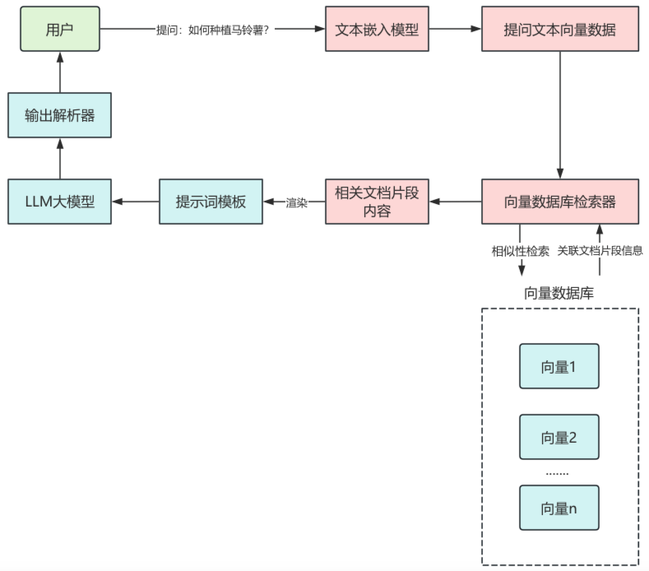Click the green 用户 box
tap(59, 29)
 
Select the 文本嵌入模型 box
tap(377, 29)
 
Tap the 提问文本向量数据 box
tap(559, 29)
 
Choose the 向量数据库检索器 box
tap(559, 202)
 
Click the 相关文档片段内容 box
tap(377, 202)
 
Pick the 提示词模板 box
tap(211, 202)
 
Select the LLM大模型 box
tap(59, 202)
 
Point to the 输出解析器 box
tap(59, 115)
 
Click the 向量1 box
tap(559, 366)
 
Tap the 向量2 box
tap(559, 437)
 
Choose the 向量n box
tap(559, 508)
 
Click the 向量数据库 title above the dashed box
tap(559, 293)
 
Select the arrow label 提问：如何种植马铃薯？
tap(211, 30)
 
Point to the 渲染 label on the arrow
tap(296, 202)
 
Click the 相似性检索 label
tap(521, 251)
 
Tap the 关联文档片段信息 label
tap(600, 251)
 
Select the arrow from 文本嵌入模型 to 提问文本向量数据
tap(455, 29)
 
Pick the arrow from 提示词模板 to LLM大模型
tap(135, 202)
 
